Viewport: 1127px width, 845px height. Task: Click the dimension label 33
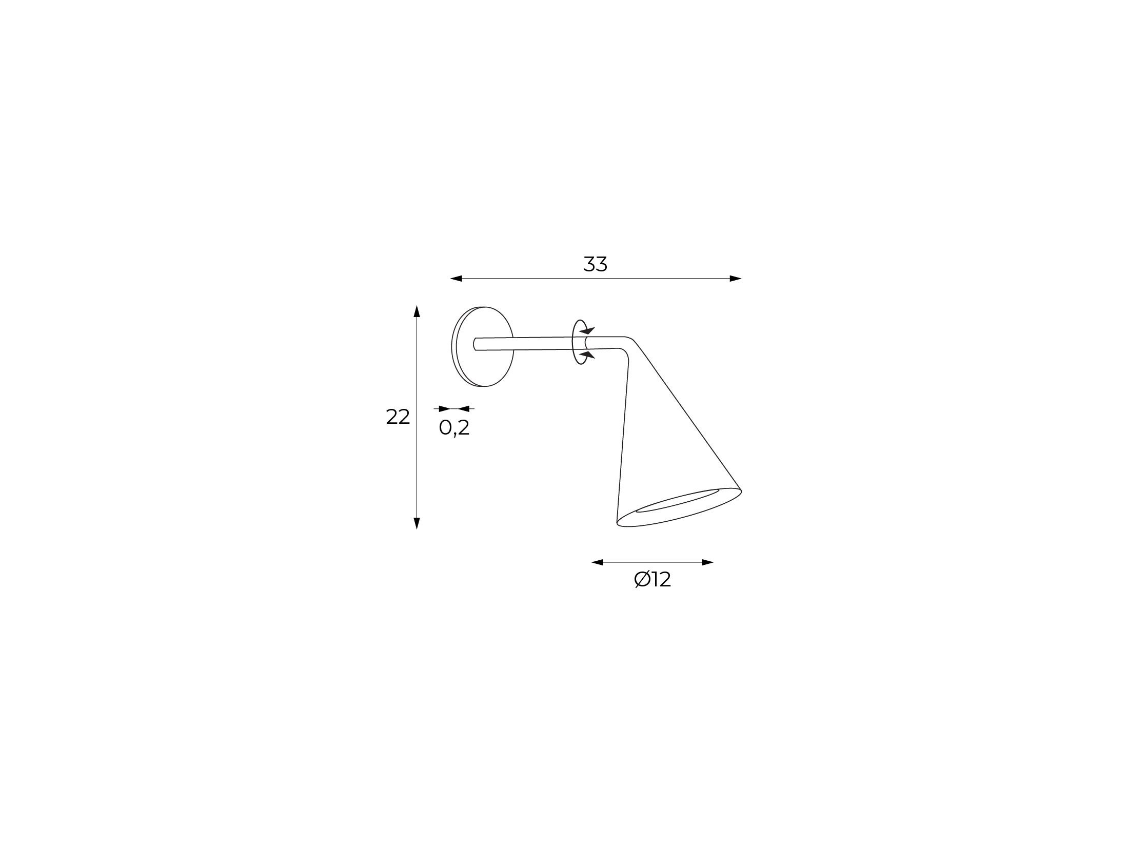tap(595, 264)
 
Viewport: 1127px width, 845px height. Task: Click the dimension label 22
tap(398, 417)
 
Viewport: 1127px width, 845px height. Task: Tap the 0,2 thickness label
tap(454, 427)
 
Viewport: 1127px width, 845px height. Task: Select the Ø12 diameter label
tap(653, 580)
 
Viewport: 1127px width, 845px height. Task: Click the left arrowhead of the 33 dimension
tap(456, 279)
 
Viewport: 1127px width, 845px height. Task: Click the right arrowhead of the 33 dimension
tap(736, 279)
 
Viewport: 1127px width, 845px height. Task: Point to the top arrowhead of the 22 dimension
tap(417, 311)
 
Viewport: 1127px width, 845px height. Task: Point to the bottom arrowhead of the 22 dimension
tap(417, 523)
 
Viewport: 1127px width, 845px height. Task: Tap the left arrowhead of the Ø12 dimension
tap(598, 562)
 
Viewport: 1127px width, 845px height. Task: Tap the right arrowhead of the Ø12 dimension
tap(707, 562)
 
